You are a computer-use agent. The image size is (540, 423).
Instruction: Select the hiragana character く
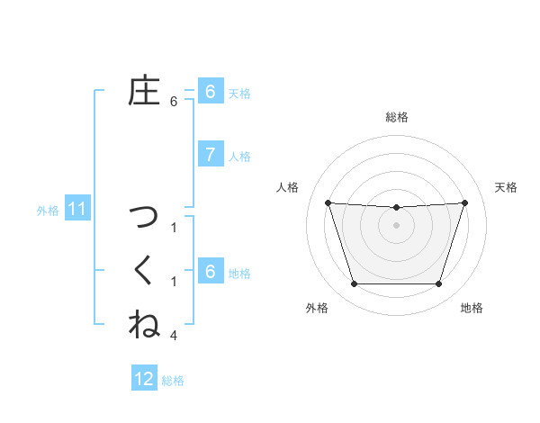coord(144,271)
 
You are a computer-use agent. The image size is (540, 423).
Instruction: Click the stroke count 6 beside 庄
coord(174,102)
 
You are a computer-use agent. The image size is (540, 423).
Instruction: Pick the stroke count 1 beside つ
coord(174,228)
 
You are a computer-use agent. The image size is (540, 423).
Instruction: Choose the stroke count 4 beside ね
coord(174,336)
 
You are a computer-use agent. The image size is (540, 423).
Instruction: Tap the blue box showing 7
coord(210,155)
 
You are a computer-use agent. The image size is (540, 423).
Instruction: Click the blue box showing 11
coord(76,210)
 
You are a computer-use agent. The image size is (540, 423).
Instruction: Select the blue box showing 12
coord(144,379)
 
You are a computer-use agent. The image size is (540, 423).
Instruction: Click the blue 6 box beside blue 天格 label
coord(210,92)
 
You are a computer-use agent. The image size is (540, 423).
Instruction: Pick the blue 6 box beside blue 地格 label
coord(210,272)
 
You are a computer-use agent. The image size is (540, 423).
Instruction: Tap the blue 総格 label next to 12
coord(173,380)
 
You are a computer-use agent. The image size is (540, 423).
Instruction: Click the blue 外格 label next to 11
coord(48,211)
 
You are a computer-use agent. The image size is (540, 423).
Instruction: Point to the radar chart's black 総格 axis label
coord(397,117)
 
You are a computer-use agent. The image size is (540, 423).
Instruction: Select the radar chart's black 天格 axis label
coord(507,187)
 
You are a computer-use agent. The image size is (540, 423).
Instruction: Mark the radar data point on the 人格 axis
coord(328,202)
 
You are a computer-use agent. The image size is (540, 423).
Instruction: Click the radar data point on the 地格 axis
coord(438,284)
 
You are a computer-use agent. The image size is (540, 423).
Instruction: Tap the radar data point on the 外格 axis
coord(354,284)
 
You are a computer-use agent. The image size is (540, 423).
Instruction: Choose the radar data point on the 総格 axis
coord(396,208)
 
